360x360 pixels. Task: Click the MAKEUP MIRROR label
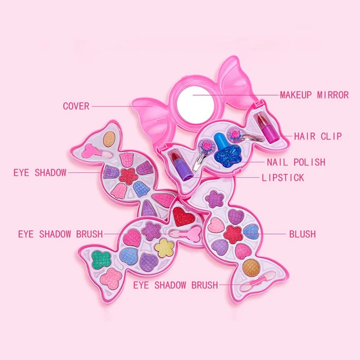click(314, 95)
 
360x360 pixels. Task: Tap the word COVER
click(76, 106)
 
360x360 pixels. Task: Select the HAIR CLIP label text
click(318, 136)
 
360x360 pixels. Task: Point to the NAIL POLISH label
click(296, 162)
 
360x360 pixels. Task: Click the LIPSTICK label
click(283, 177)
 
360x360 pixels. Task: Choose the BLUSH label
click(302, 234)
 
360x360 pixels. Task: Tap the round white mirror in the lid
click(196, 105)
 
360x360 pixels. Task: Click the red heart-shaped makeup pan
click(184, 216)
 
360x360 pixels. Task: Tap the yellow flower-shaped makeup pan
click(164, 248)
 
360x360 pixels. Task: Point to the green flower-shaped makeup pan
click(101, 260)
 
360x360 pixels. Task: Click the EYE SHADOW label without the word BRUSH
click(40, 173)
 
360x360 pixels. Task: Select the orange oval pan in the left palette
click(109, 139)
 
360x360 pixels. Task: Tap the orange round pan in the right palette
click(252, 268)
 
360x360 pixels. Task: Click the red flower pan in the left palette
click(128, 176)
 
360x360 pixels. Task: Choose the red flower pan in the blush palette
click(233, 234)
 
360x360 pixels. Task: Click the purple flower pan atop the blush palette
click(215, 199)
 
